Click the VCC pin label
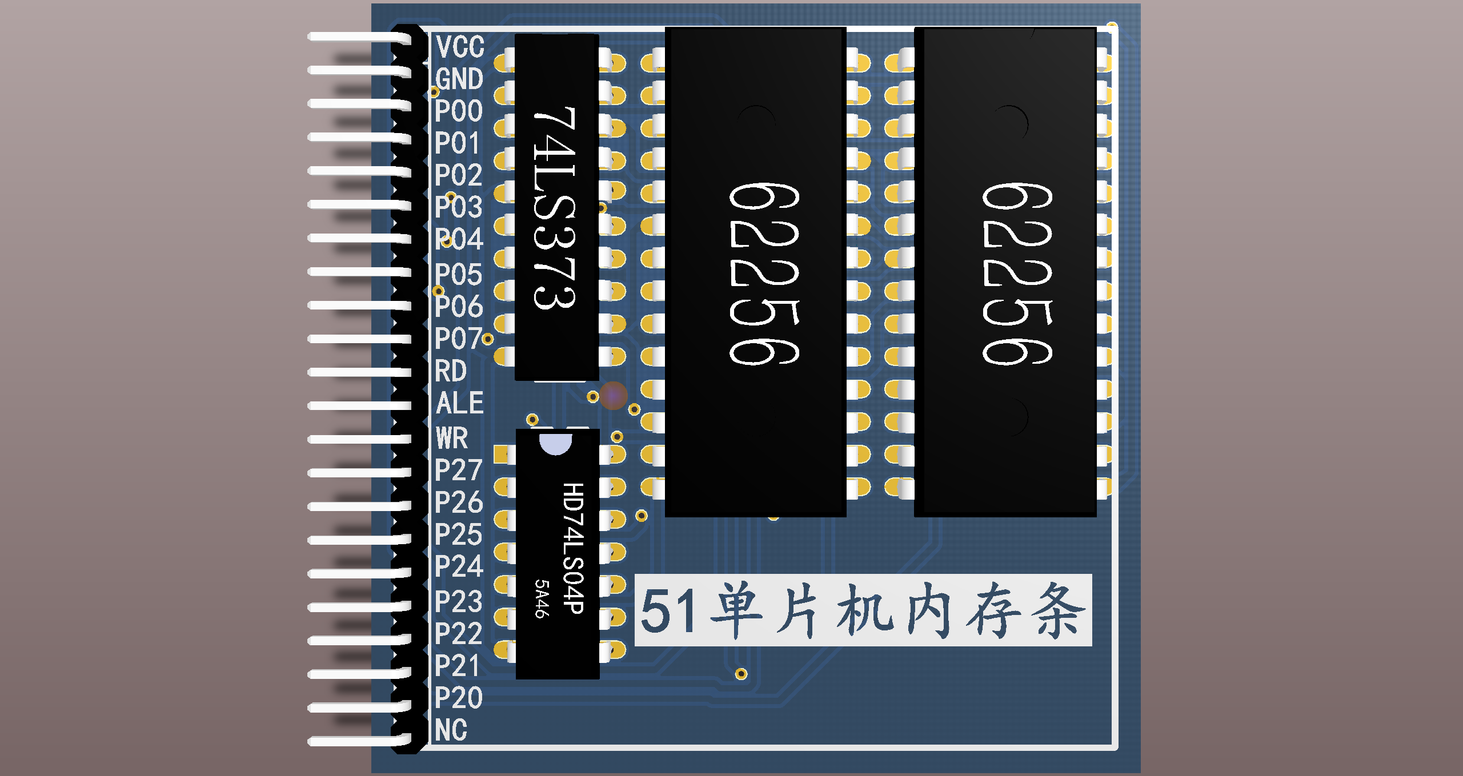[459, 47]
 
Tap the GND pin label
[459, 79]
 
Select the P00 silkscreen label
[458, 111]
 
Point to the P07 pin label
[458, 339]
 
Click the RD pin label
[451, 371]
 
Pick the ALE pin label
[459, 403]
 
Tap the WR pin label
[452, 439]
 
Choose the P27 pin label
[458, 471]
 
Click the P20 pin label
[458, 698]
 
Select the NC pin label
[451, 730]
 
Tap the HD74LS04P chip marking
[573, 548]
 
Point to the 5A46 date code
[542, 598]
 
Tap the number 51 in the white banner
[668, 611]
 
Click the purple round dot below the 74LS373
[614, 395]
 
